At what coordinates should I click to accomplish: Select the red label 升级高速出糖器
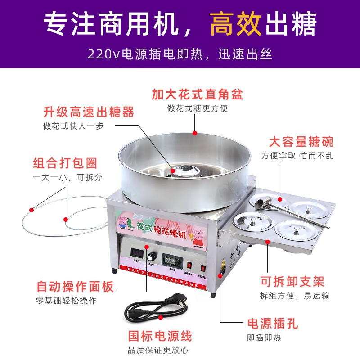click(89, 112)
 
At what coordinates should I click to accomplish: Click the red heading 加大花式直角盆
click(197, 94)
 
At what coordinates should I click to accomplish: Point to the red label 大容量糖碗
click(301, 142)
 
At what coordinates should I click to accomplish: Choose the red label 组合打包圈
click(65, 163)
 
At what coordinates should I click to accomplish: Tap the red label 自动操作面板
click(75, 286)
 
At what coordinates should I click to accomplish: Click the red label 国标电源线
click(160, 336)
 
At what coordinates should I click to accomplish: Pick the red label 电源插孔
click(273, 323)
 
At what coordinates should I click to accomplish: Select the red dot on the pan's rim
click(195, 133)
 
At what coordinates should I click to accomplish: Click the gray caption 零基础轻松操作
click(66, 301)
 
